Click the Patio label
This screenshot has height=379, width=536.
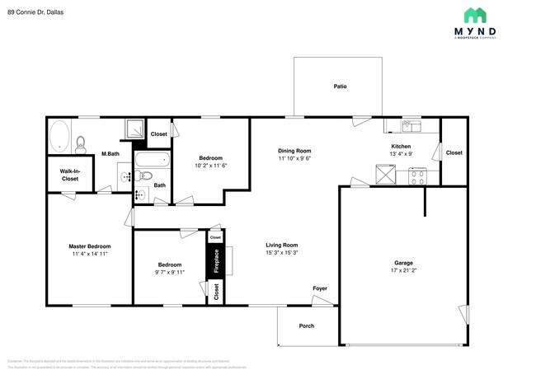coord(340,86)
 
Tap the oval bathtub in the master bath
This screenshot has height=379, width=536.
coord(59,136)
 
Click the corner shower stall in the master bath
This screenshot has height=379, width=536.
coord(133,129)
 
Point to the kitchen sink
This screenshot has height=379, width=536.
coord(409,126)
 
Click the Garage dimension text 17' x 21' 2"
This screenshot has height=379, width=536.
coord(403,271)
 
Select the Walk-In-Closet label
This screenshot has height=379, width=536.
coord(69,175)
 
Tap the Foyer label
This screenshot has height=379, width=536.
coord(319,288)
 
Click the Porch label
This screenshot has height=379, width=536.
coord(306,325)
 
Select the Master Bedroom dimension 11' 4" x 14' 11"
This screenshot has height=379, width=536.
coord(88,254)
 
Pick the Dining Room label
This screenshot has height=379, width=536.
coord(294,151)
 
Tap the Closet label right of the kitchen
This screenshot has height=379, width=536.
coord(454,152)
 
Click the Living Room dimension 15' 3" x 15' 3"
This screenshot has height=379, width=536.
coord(281,253)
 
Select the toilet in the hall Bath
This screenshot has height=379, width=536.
coord(142,175)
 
